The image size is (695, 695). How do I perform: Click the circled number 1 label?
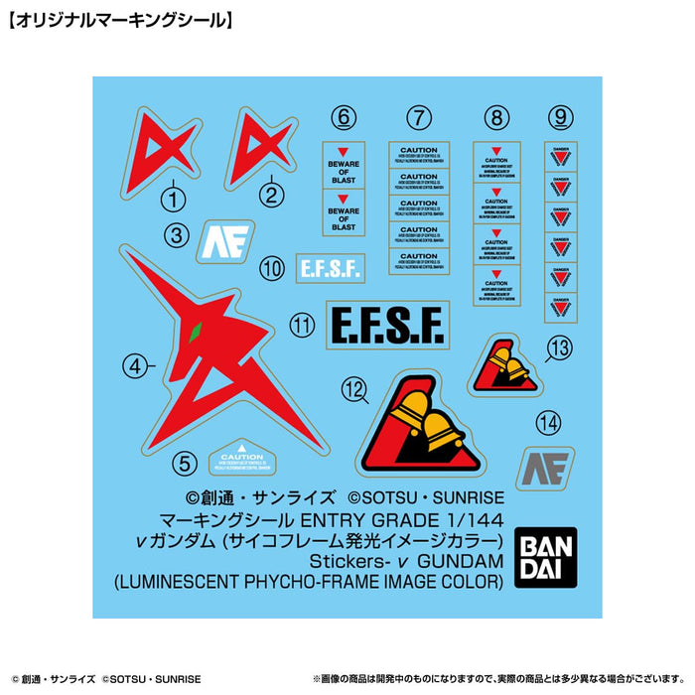[174, 200]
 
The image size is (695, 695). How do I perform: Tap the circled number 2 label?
[270, 196]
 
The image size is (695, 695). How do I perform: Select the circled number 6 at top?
[345, 118]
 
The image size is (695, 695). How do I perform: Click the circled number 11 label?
[303, 324]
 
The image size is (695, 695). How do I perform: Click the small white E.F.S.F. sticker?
[331, 267]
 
